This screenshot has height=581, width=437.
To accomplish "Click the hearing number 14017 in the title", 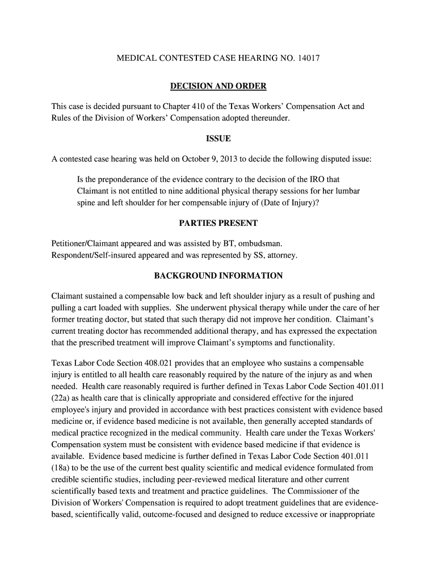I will tap(308, 58).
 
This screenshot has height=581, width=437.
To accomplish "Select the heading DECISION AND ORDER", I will tap(218, 86).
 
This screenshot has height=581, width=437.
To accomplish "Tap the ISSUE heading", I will tap(218, 139).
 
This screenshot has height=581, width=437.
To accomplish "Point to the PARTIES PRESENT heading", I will tap(218, 223).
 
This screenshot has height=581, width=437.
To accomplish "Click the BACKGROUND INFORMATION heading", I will tap(218, 276).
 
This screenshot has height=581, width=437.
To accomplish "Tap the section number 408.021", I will tap(170, 363).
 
